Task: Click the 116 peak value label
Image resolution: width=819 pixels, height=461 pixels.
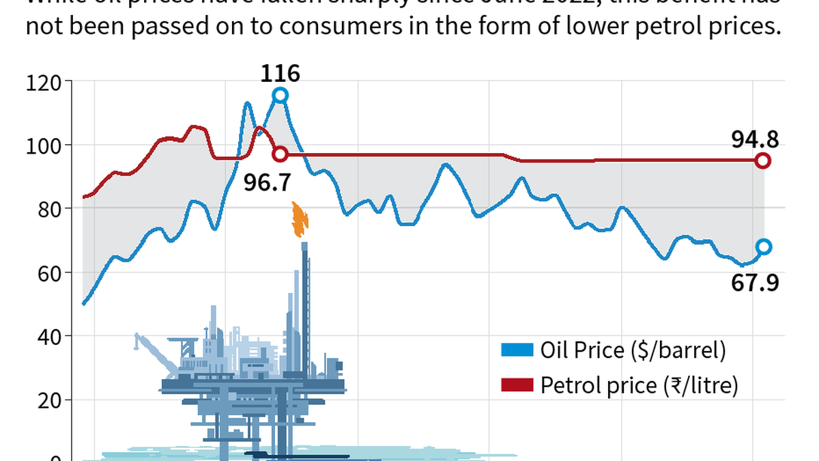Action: (x=280, y=73)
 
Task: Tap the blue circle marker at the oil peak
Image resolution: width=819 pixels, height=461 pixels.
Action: (x=280, y=96)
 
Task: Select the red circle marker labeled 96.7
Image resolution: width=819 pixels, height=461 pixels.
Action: (x=280, y=154)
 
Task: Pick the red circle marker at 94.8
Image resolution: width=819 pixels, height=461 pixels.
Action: (x=763, y=161)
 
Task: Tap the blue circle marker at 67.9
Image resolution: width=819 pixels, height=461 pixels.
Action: (x=763, y=247)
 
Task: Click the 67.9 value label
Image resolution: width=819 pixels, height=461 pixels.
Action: (x=755, y=282)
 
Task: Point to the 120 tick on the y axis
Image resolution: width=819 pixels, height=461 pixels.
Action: (x=44, y=83)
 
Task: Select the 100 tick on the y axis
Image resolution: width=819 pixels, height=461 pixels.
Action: (x=44, y=145)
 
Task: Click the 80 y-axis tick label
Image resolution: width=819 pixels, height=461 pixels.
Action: (x=47, y=209)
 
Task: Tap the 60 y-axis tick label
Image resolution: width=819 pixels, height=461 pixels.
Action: (x=47, y=273)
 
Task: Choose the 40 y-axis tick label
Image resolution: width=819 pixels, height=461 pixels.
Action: (x=47, y=336)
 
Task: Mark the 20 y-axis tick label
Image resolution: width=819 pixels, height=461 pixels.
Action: (x=47, y=400)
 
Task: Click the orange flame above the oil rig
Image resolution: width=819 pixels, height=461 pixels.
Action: (x=299, y=219)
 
